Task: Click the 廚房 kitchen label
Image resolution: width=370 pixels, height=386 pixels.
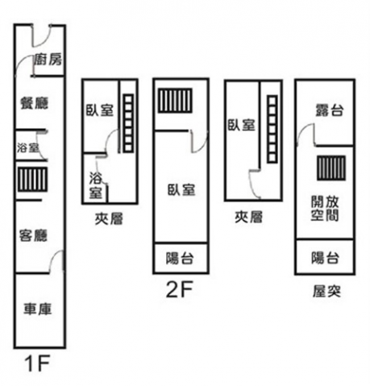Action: pyautogui.click(x=48, y=60)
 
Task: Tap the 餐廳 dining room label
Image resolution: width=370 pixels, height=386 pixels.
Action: pyautogui.click(x=35, y=103)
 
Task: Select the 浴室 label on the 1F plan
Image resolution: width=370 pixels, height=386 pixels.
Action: pyautogui.click(x=27, y=147)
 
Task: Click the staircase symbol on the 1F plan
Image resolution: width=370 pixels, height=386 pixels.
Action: pyautogui.click(x=32, y=179)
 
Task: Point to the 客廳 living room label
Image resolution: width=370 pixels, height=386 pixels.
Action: pyautogui.click(x=33, y=235)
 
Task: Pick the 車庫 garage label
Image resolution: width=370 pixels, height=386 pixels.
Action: pyautogui.click(x=37, y=309)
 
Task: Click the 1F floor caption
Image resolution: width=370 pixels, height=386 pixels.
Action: pyautogui.click(x=37, y=363)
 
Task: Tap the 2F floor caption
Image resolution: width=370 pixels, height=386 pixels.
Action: pyautogui.click(x=180, y=289)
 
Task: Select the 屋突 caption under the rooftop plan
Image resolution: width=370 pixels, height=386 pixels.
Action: pyautogui.click(x=326, y=292)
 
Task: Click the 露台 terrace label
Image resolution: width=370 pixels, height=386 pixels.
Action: pyautogui.click(x=330, y=110)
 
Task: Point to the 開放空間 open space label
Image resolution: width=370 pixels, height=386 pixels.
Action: pyautogui.click(x=325, y=209)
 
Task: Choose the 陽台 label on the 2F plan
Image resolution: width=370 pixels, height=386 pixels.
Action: pyautogui.click(x=180, y=259)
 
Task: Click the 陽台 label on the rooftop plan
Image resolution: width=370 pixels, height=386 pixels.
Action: pyautogui.click(x=325, y=258)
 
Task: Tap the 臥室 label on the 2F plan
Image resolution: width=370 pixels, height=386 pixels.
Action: pyautogui.click(x=181, y=189)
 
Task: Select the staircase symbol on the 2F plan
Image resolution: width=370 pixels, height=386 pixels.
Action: pyautogui.click(x=175, y=100)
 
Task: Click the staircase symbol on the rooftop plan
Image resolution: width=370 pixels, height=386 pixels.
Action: pyautogui.click(x=331, y=168)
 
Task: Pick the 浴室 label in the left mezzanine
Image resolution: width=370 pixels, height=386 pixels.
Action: pyautogui.click(x=96, y=185)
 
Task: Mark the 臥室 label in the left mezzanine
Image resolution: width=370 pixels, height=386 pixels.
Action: pyautogui.click(x=100, y=110)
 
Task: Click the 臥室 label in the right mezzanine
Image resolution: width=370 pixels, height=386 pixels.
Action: pyautogui.click(x=242, y=125)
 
